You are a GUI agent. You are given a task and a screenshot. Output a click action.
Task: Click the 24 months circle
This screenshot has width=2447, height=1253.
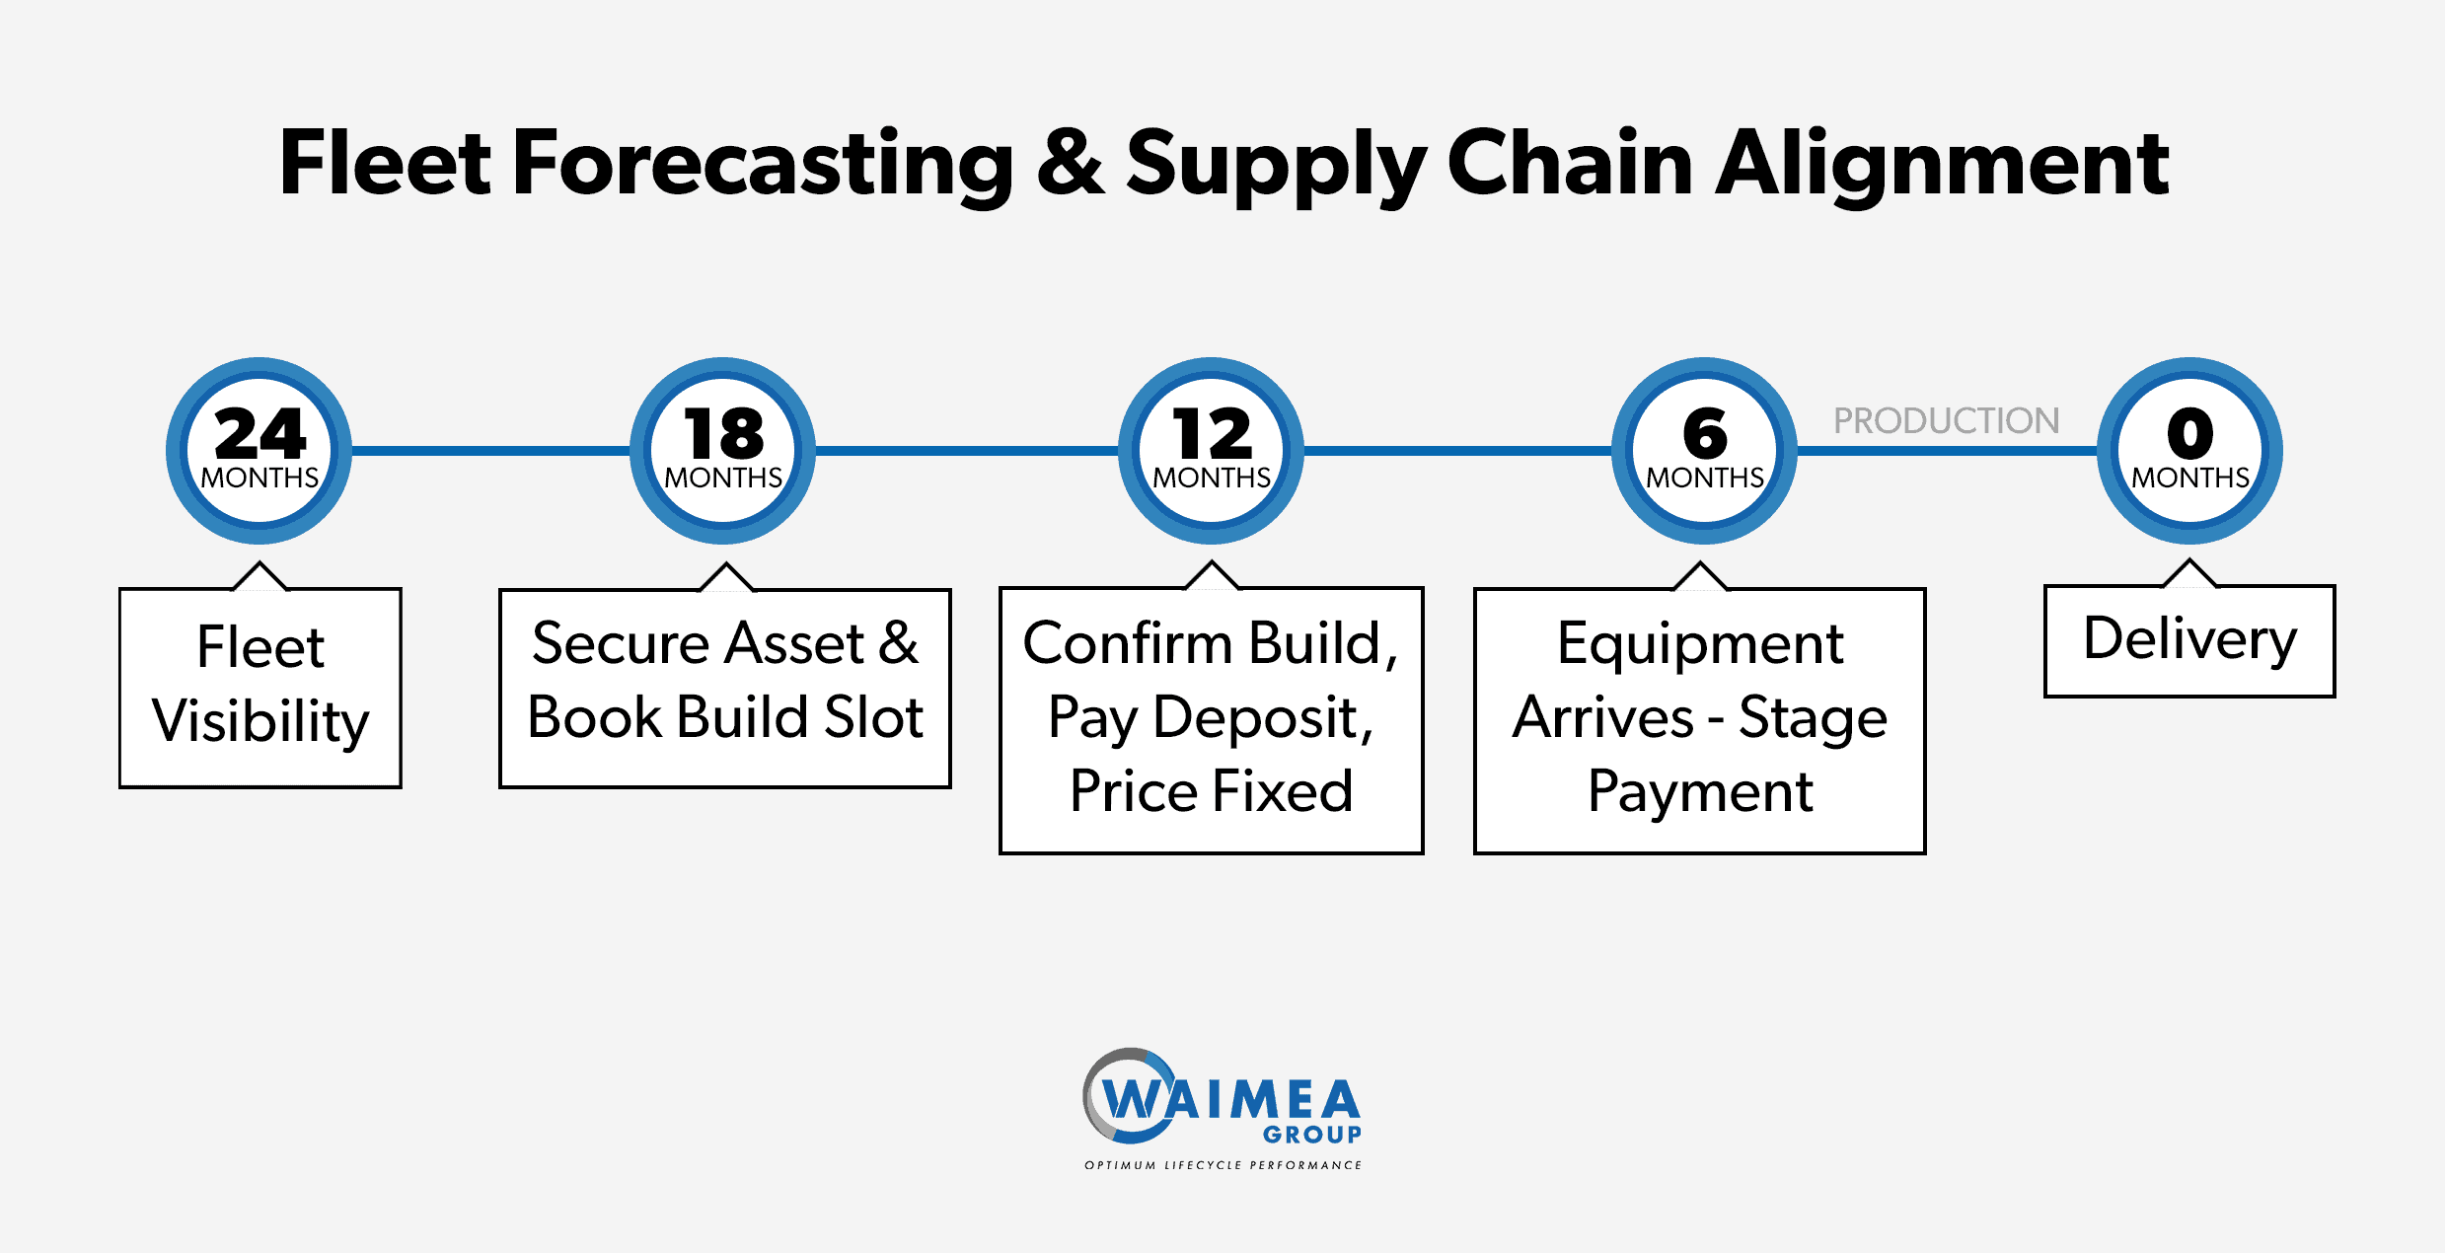click(260, 450)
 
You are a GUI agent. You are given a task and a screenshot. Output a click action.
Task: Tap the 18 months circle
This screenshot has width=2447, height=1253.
click(723, 450)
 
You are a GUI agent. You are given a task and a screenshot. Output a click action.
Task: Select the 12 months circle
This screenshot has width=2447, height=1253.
click(1212, 450)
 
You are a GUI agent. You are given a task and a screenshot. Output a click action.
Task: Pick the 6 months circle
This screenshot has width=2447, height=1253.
click(1705, 450)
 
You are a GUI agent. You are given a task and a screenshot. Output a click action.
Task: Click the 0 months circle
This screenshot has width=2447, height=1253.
click(2190, 450)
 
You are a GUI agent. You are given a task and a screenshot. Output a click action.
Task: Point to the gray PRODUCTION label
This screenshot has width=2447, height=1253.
click(1947, 420)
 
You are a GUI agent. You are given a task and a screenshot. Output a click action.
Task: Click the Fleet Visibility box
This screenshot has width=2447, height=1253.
click(260, 687)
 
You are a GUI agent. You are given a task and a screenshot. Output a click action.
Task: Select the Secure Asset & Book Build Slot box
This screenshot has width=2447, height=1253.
click(725, 688)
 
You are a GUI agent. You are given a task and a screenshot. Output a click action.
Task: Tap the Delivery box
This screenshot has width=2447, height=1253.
click(2190, 640)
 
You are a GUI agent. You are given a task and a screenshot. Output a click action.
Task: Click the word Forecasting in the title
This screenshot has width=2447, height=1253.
click(763, 164)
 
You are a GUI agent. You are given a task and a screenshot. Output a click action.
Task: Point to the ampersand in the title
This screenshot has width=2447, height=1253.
click(1071, 162)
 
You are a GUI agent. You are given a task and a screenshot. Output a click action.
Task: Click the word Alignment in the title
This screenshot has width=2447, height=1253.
click(1943, 164)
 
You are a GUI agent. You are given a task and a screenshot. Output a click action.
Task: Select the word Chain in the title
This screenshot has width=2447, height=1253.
click(1570, 161)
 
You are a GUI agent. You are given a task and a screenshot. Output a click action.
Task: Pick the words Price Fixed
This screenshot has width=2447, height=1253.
click(1212, 790)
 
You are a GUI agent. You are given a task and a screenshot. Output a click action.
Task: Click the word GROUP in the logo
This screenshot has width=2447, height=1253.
click(1312, 1135)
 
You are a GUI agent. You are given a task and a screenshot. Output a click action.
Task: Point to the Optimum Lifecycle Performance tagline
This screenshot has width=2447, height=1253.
click(1223, 1165)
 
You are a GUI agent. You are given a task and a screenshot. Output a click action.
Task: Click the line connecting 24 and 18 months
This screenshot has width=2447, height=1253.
click(491, 451)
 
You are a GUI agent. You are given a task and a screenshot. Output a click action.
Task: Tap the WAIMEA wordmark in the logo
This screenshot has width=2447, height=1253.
click(1231, 1099)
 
